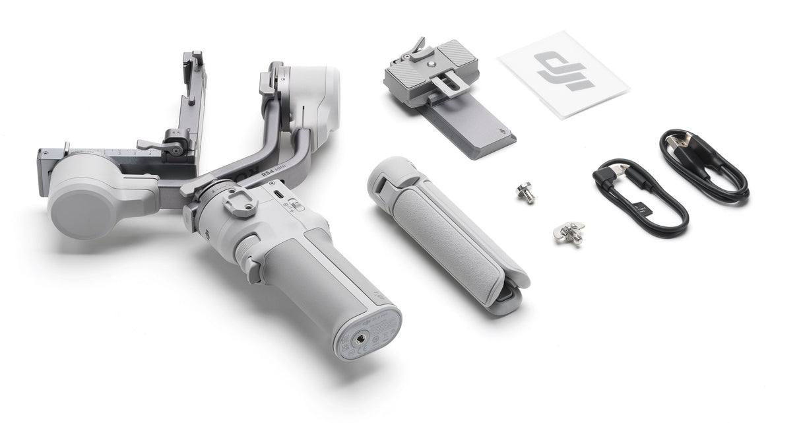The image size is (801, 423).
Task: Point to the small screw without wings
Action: coord(525,193)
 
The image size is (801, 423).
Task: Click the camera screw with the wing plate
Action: coord(569,233)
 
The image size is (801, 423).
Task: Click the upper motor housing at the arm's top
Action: coord(310,92)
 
